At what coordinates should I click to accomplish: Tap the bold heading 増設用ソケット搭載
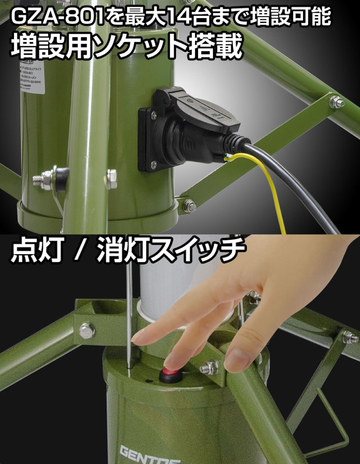[x=126, y=46]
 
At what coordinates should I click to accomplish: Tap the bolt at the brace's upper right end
[x=336, y=101]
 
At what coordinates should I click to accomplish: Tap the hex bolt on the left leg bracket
[x=87, y=330]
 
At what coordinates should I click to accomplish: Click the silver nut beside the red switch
[x=209, y=367]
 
